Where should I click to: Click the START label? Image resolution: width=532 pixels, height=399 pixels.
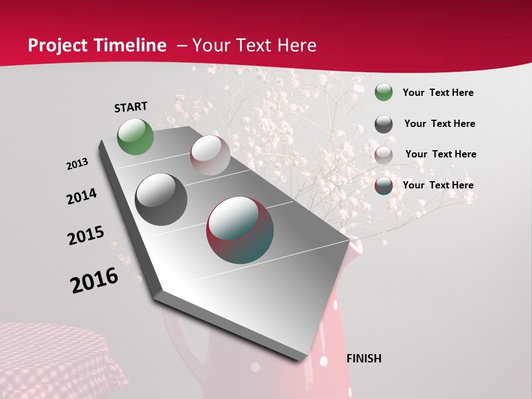pyautogui.click(x=131, y=107)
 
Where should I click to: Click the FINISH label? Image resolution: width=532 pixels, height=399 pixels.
pyautogui.click(x=364, y=359)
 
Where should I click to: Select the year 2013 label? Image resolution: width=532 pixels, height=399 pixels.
pyautogui.click(x=78, y=164)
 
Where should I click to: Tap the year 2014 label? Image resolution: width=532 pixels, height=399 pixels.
pyautogui.click(x=82, y=197)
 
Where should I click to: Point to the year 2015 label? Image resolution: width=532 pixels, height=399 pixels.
pyautogui.click(x=86, y=235)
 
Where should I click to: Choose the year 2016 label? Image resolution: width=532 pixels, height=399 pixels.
pyautogui.click(x=94, y=280)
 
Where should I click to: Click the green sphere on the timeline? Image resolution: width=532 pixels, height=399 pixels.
pyautogui.click(x=135, y=136)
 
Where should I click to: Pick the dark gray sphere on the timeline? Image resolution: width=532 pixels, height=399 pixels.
pyautogui.click(x=161, y=199)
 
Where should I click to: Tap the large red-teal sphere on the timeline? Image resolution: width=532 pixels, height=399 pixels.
pyautogui.click(x=240, y=229)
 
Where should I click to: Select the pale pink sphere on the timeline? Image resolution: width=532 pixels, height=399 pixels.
pyautogui.click(x=210, y=155)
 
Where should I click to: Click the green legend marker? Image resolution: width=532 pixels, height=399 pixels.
pyautogui.click(x=383, y=93)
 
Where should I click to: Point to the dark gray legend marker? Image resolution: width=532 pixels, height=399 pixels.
pyautogui.click(x=383, y=124)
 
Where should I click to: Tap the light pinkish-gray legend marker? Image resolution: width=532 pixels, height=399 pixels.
pyautogui.click(x=383, y=155)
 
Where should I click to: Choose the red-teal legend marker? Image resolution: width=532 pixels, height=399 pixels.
pyautogui.click(x=383, y=186)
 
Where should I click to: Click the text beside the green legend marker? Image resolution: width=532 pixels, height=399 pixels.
pyautogui.click(x=438, y=93)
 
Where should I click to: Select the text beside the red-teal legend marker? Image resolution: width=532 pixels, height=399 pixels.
pyautogui.click(x=438, y=185)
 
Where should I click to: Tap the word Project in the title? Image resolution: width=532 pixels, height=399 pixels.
pyautogui.click(x=57, y=45)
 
